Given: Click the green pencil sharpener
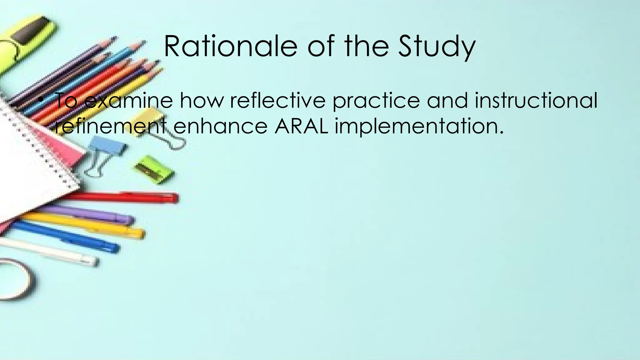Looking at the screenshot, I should (x=154, y=170).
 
